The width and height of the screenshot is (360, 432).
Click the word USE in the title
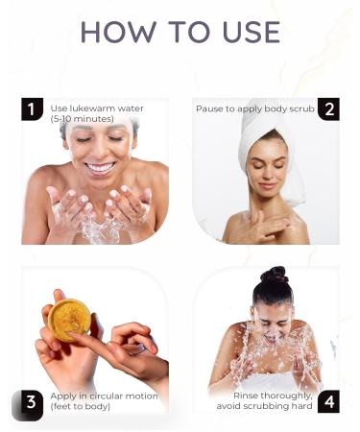coord(246,33)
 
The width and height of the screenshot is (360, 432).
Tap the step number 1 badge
coord(32,109)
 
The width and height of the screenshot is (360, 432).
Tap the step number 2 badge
coord(328,109)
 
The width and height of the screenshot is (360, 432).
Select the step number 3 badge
coord(32,403)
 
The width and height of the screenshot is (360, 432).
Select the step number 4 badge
coord(328,403)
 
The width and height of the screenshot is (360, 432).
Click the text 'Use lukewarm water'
coord(97,108)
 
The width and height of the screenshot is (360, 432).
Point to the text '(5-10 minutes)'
coord(82,119)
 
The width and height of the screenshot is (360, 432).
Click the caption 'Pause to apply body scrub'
coord(254,108)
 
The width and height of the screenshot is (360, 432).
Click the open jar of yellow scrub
coord(69,320)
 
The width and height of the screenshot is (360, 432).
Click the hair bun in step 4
coord(276,276)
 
